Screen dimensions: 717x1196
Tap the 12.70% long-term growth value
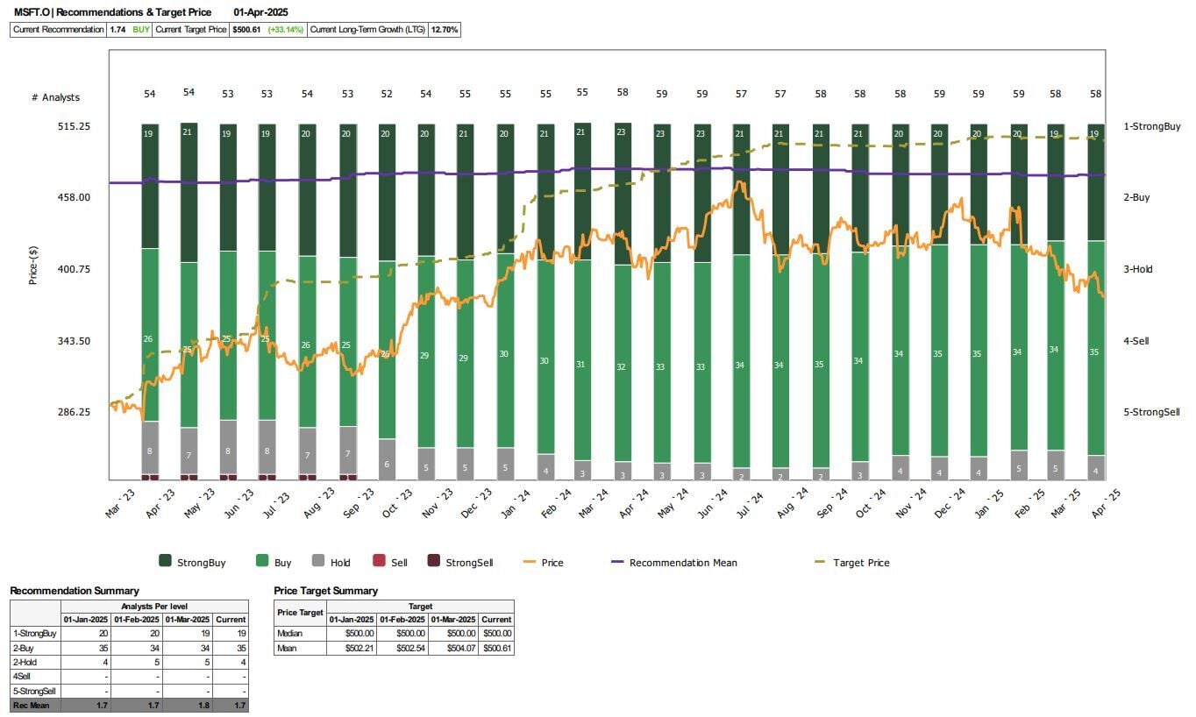pos(445,30)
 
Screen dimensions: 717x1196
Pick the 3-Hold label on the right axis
pos(1138,269)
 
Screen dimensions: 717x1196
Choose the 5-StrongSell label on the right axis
pos(1151,412)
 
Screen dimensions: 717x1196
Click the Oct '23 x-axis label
pos(395,506)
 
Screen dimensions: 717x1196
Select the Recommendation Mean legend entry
pos(683,563)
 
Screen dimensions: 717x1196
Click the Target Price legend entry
pos(861,563)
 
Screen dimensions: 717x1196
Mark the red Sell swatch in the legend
pos(379,562)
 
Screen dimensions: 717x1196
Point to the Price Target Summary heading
pos(325,591)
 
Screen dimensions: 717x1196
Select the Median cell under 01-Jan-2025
pos(352,633)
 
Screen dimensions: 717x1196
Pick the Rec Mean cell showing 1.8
pos(188,706)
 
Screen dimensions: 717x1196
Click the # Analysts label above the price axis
pos(55,97)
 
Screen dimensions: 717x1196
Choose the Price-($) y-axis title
pos(33,265)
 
